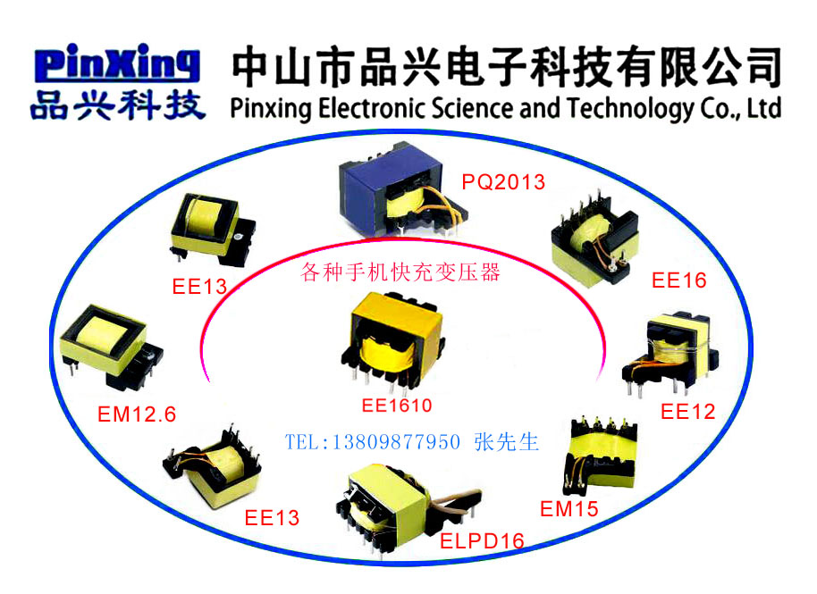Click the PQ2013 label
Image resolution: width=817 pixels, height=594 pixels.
click(503, 182)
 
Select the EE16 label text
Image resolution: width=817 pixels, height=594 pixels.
click(678, 280)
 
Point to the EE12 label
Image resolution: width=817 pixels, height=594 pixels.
click(688, 412)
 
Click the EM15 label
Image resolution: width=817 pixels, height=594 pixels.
click(569, 509)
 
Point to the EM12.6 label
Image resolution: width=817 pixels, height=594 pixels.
click(137, 414)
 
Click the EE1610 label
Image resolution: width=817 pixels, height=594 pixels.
click(396, 406)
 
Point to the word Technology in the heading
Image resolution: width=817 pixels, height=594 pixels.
click(627, 109)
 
